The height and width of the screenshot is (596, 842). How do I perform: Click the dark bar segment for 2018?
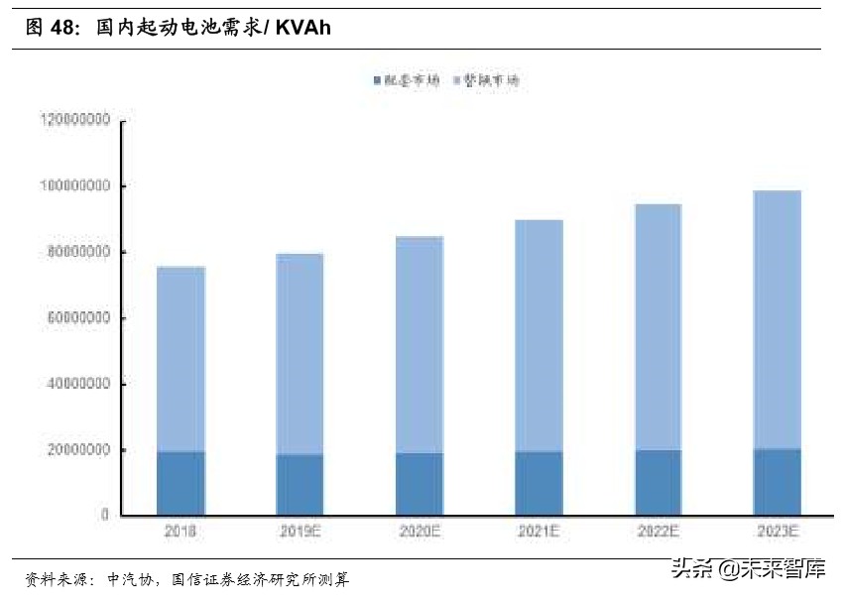point(180,483)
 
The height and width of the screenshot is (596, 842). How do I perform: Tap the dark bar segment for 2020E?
point(420,484)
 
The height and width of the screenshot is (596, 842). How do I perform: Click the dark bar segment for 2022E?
point(658,482)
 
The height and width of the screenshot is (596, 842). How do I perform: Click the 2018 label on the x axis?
point(180,532)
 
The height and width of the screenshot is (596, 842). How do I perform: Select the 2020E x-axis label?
point(420,532)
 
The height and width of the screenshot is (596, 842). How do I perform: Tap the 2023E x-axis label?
point(777,532)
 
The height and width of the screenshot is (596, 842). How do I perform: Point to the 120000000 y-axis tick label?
point(75,120)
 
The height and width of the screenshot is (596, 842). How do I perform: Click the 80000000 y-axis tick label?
point(78,252)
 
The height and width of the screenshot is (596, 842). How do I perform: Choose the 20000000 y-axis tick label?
point(78,450)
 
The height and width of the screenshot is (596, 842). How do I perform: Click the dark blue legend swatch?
point(377,80)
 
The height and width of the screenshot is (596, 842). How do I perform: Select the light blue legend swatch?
point(455,80)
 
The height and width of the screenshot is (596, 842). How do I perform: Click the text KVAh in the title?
point(303,29)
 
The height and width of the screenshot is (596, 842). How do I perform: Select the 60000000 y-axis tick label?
point(78,318)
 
